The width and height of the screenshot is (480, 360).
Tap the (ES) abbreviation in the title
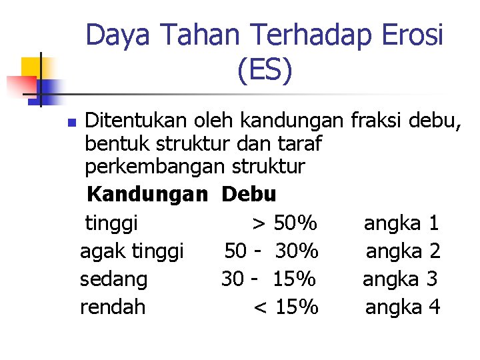pyautogui.click(x=264, y=71)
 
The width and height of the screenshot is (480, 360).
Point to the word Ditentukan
pyautogui.click(x=137, y=121)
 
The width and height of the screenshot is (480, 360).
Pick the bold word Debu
pyautogui.click(x=249, y=195)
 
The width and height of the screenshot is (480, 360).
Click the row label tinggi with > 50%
pyautogui.click(x=111, y=222)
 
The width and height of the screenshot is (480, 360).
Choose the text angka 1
pyautogui.click(x=401, y=222)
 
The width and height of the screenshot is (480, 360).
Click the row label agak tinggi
pyautogui.click(x=131, y=251)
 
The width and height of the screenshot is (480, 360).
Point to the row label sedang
pyautogui.click(x=113, y=279)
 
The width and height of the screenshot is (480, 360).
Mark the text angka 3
pyautogui.click(x=400, y=279)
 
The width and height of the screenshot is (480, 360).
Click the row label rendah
pyautogui.click(x=113, y=307)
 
